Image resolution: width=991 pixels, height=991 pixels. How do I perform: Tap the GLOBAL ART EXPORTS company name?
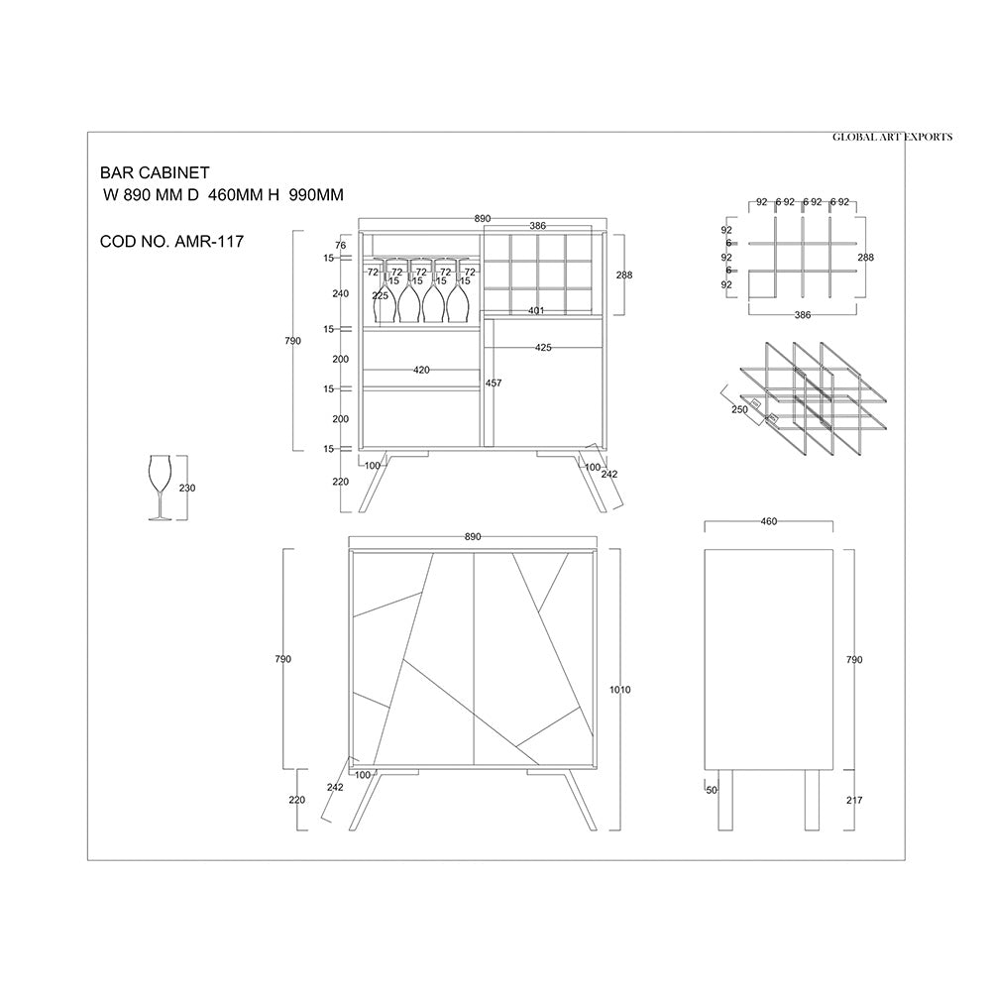[892, 137]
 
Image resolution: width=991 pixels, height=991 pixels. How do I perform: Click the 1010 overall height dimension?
[620, 690]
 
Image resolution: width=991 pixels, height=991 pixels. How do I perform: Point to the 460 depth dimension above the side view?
[769, 521]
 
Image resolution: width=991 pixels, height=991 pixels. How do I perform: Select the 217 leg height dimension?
[854, 800]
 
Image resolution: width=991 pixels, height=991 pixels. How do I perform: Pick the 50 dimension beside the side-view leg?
[712, 790]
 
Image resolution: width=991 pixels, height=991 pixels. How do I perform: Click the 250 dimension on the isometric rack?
[739, 409]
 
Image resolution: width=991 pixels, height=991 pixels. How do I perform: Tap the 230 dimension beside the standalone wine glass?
[187, 488]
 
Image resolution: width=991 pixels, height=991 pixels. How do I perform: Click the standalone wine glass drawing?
[160, 488]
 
